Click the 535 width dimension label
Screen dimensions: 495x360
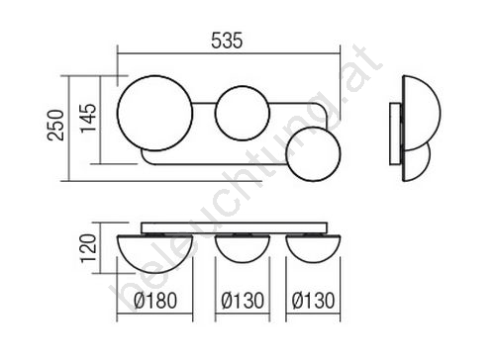click(227, 41)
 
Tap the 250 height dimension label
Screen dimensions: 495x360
click(55, 126)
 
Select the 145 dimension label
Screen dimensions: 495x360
click(89, 118)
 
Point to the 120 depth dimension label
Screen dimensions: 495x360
click(89, 247)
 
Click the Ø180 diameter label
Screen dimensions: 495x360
click(155, 301)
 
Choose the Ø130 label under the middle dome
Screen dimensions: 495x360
click(243, 301)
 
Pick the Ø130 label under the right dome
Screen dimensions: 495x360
click(313, 301)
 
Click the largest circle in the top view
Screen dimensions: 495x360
click(118, 113)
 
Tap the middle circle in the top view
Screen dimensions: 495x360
click(215, 113)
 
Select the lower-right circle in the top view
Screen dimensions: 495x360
click(286, 154)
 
